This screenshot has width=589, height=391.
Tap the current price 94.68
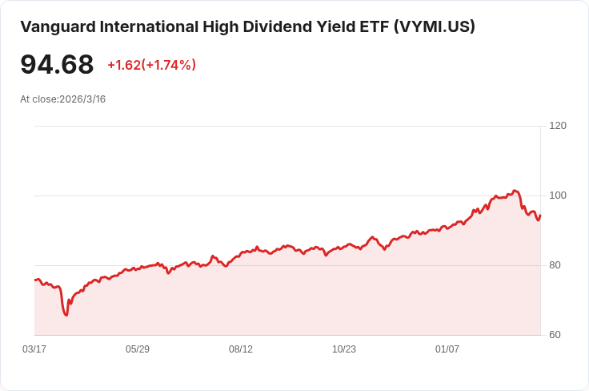[57, 65]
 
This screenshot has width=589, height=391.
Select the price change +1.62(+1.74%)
[151, 65]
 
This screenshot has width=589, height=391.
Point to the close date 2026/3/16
[82, 99]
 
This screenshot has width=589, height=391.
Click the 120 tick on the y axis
[558, 126]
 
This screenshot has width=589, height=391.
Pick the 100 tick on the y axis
[558, 195]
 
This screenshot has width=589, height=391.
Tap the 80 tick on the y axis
[555, 265]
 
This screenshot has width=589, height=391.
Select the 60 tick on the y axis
[555, 335]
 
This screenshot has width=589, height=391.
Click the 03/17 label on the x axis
[34, 349]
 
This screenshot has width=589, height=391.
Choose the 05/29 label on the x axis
[138, 349]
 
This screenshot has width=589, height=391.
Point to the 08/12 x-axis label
[241, 349]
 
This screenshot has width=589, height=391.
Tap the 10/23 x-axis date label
[344, 349]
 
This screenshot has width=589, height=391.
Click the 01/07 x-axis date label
[447, 349]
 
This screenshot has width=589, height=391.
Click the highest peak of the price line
[515, 190]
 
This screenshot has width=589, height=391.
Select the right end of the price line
[540, 215]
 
